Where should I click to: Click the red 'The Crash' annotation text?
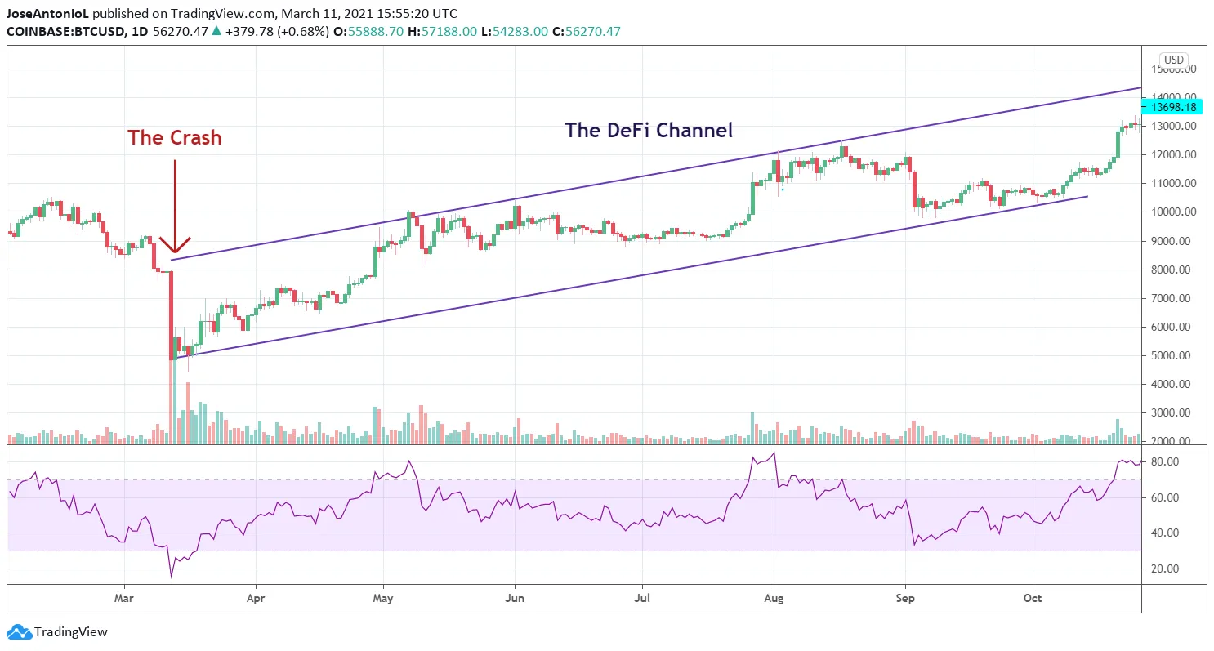pos(174,138)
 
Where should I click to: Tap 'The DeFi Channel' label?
pos(649,130)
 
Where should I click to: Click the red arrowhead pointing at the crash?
pos(175,246)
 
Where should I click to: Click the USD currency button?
pos(1174,60)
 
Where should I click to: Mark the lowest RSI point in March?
pos(172,577)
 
